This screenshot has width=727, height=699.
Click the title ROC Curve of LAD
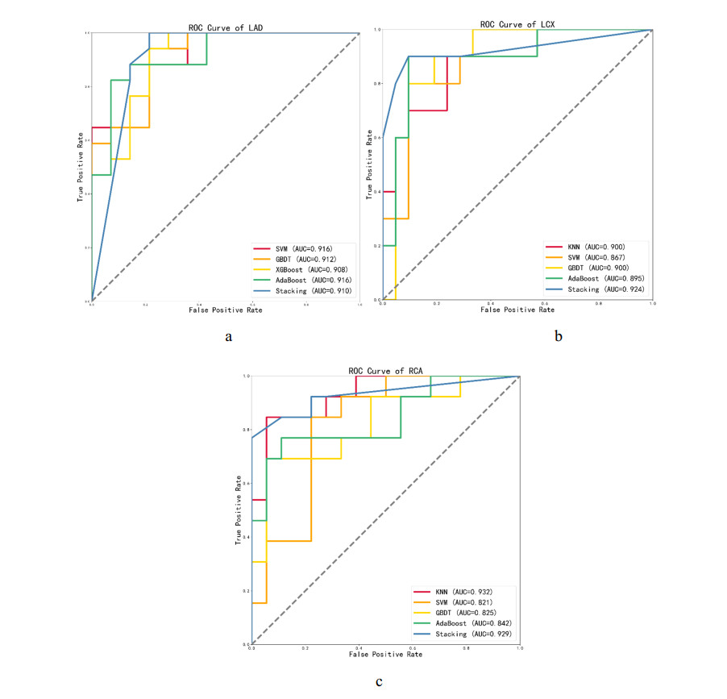(226, 28)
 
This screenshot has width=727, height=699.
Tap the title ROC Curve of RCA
(386, 371)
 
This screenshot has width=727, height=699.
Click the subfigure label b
(558, 337)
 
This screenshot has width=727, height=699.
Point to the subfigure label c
(378, 682)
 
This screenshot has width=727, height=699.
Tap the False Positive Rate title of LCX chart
(517, 309)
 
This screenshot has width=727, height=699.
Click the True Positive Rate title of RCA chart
(239, 510)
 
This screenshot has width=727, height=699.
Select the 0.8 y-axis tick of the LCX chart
(376, 84)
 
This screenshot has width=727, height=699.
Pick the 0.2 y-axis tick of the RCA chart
(246, 591)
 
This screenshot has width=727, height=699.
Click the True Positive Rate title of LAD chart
(81, 167)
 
